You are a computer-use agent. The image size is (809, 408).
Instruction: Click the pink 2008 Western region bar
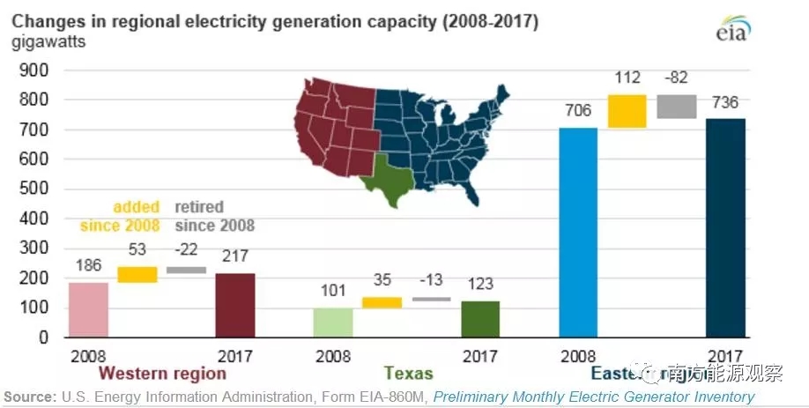click(x=88, y=309)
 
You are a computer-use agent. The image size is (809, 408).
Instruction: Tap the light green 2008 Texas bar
click(x=333, y=322)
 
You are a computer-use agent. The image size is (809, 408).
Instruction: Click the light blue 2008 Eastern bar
click(x=578, y=233)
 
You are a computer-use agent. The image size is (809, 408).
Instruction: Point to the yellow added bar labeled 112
click(x=627, y=111)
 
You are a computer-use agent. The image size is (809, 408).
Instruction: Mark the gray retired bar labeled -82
click(x=677, y=107)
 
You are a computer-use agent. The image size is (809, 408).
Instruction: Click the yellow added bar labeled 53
click(x=137, y=274)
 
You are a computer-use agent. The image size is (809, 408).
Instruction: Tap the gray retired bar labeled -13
click(x=431, y=300)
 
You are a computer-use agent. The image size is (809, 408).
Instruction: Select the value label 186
click(x=88, y=264)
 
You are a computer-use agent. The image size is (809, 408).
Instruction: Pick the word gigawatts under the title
click(x=48, y=41)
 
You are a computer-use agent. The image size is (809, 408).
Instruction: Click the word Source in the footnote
click(x=28, y=397)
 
